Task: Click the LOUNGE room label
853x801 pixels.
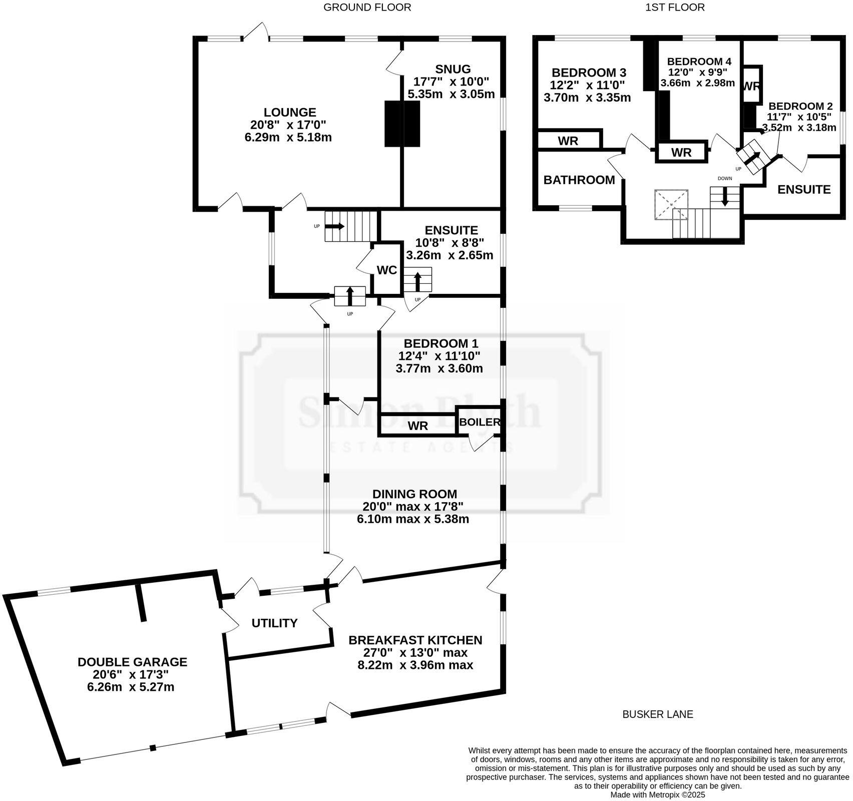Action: (290, 113)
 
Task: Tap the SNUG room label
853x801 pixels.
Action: (453, 69)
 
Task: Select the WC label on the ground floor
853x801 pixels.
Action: (386, 270)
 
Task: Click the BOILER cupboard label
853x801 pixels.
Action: (480, 422)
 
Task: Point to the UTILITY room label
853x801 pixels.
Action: (274, 623)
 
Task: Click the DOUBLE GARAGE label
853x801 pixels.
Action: (132, 662)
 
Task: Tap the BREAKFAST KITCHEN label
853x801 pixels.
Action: (415, 640)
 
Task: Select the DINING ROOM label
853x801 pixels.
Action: (414, 494)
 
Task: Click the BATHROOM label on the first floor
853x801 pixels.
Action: (579, 180)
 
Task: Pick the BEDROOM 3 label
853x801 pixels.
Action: (589, 73)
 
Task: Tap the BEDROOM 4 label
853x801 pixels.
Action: (699, 61)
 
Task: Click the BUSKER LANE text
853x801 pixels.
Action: (658, 714)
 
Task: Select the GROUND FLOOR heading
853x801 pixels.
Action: (367, 7)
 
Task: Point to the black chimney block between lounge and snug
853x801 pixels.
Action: (402, 124)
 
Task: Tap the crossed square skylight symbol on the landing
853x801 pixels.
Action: (671, 204)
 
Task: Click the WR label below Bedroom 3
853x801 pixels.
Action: (568, 141)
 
